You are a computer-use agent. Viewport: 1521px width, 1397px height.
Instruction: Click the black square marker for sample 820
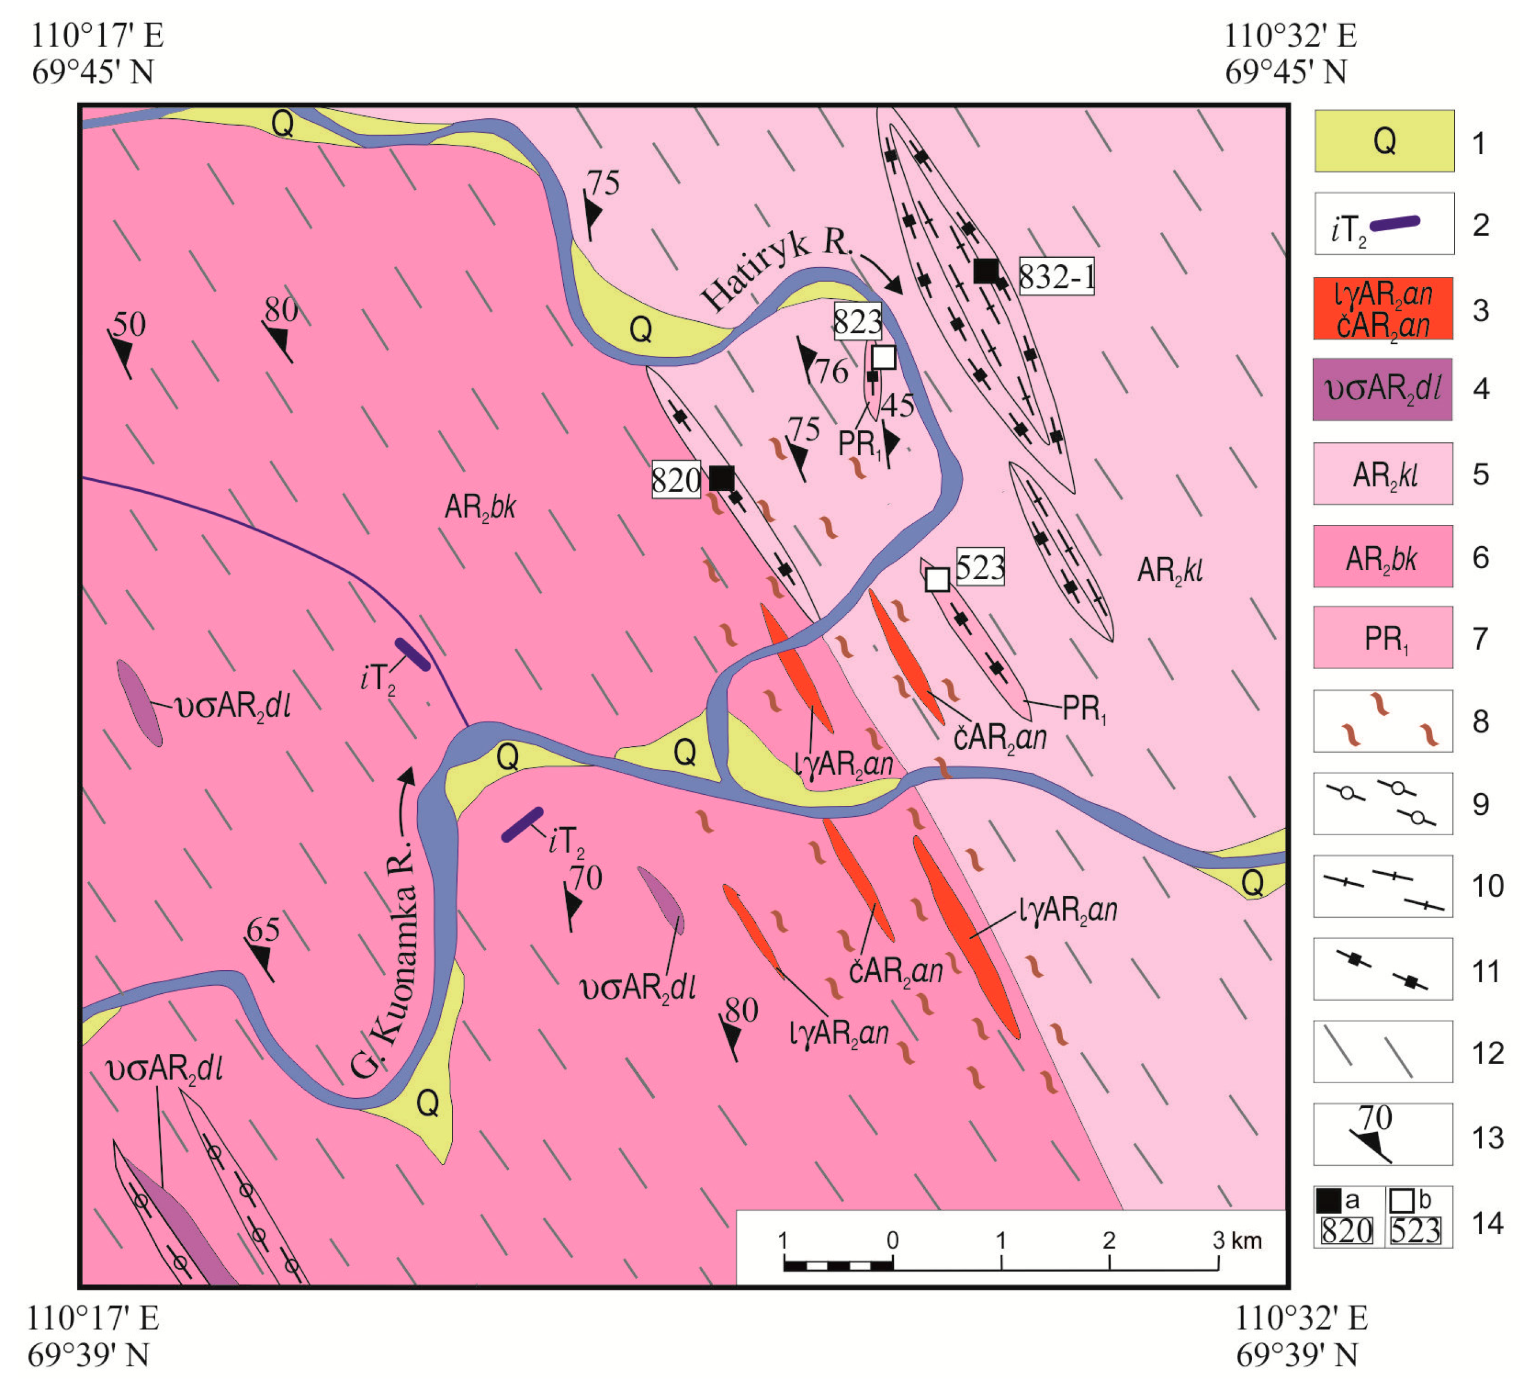point(721,478)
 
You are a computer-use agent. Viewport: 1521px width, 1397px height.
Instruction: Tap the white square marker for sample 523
point(937,579)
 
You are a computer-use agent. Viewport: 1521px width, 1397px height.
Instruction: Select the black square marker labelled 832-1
point(986,271)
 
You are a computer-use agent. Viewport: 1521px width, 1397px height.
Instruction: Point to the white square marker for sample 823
point(883,357)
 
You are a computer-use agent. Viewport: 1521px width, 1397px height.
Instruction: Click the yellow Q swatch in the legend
point(1383,141)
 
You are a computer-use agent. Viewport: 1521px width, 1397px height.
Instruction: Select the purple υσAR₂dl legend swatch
point(1382,389)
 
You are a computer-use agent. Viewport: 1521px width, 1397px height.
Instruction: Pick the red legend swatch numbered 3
point(1382,309)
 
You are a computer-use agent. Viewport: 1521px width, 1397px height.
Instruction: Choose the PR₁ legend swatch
point(1382,637)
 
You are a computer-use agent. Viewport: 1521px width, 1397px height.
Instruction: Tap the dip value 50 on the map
point(129,324)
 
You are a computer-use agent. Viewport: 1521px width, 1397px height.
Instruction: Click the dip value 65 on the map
point(263,930)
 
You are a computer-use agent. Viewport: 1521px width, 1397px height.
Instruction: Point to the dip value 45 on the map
point(898,406)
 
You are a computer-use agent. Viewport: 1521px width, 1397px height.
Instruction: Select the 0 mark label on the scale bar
point(893,1241)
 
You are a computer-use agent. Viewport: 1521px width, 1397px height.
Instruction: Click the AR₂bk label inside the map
point(479,507)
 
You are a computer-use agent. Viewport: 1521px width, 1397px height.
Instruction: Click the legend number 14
point(1487,1222)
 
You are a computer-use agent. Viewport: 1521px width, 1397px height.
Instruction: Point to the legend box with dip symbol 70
point(1382,1134)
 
